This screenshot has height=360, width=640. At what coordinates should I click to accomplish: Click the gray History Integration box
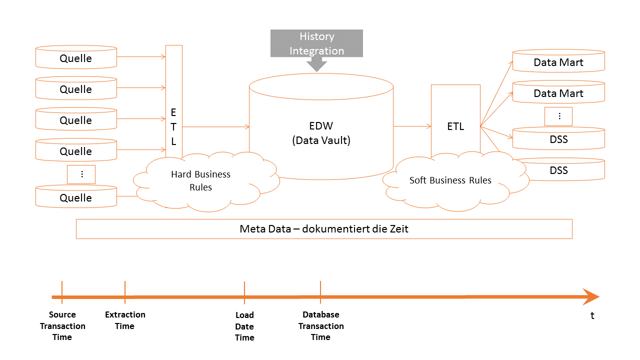pos(316,43)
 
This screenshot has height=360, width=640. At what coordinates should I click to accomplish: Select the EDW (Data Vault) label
pos(321,133)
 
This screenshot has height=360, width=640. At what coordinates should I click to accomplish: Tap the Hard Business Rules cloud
pos(201,180)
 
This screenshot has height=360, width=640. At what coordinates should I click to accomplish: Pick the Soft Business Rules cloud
pos(450,180)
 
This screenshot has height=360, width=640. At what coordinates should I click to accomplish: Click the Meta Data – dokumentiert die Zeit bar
pos(324,229)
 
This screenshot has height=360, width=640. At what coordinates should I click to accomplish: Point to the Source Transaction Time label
pos(62,326)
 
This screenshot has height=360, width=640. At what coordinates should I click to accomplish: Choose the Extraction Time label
pos(125,320)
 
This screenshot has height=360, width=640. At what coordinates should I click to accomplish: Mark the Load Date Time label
pos(244,326)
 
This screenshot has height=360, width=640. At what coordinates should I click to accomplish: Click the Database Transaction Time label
pos(321,326)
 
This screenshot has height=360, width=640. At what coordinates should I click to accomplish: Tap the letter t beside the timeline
pos(592,316)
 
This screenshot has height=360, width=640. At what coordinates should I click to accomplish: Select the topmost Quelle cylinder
pos(76,58)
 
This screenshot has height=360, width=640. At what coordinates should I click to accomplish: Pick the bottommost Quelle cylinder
pos(76,197)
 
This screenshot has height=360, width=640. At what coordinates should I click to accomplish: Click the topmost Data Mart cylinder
pos(558,62)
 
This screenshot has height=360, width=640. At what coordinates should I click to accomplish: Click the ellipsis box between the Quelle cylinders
pos(81,174)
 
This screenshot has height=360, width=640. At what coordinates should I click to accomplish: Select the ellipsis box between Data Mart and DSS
pos(558,116)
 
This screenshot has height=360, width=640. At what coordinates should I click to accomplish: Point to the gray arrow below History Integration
pos(316,64)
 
